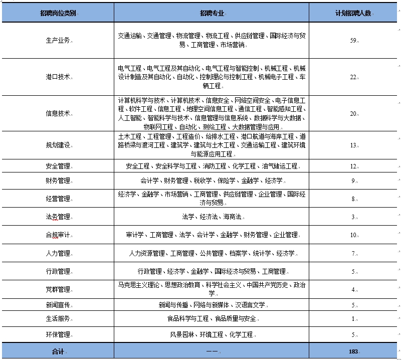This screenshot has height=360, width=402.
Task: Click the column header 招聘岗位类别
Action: [58, 13]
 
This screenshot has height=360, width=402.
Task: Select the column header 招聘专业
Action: [211, 13]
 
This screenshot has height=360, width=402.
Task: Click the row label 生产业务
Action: [58, 41]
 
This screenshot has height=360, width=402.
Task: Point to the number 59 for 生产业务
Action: [352, 41]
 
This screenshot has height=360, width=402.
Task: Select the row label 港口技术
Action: [58, 77]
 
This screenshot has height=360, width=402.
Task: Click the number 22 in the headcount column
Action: [352, 77]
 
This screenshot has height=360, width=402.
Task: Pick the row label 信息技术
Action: [58, 113]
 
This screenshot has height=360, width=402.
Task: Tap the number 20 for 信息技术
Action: [352, 113]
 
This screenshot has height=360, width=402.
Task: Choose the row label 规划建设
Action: [58, 145]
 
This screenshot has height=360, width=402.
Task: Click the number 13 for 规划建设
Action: [352, 145]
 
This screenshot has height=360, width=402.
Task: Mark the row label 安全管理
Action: [58, 166]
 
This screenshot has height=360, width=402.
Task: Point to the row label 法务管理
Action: [58, 217]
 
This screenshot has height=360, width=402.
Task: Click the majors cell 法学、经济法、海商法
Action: [211, 217]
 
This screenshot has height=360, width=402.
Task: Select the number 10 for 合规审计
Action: [353, 235]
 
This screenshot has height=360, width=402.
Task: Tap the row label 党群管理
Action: [58, 289]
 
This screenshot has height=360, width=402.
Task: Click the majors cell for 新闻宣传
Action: [211, 305]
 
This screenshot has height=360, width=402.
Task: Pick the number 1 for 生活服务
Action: [353, 319]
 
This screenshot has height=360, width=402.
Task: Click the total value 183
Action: [353, 351]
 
